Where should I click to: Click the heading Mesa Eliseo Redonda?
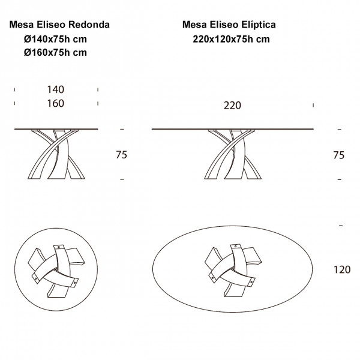[59, 25]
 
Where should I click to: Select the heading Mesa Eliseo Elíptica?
[229, 25]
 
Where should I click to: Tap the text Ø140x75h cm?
[55, 39]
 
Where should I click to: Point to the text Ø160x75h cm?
[55, 52]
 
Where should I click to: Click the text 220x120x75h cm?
[231, 39]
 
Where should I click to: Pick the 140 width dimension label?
[56, 89]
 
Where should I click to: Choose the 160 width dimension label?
[56, 103]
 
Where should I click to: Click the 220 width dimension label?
[232, 106]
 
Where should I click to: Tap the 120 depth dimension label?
[342, 269]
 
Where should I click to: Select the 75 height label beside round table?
[121, 155]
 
